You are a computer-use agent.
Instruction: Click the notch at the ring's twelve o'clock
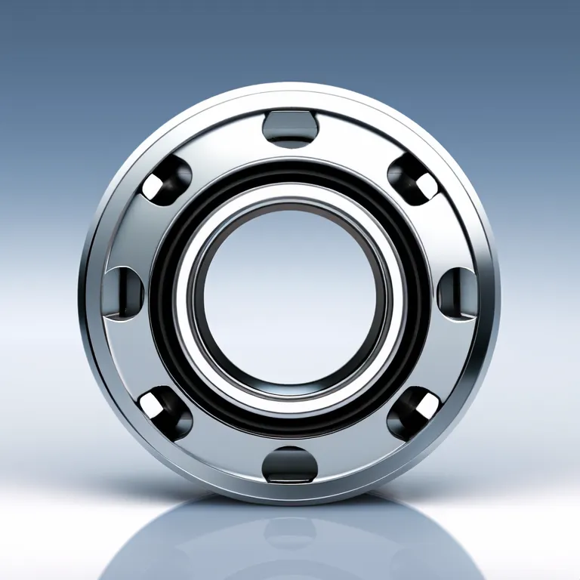[x=289, y=127]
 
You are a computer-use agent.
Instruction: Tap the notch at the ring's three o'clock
[x=455, y=291]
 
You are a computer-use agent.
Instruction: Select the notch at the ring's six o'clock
[x=290, y=462]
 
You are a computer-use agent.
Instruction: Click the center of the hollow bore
[x=290, y=298]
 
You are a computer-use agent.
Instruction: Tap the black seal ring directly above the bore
[x=290, y=171]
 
